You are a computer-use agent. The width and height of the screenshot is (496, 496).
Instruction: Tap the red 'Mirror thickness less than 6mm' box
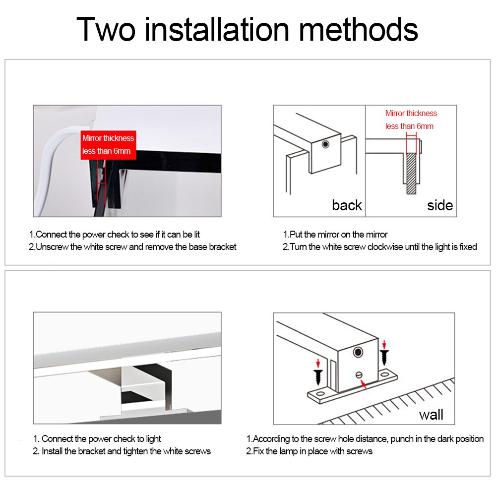pos(108,144)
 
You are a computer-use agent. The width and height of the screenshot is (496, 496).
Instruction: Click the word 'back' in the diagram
pos(347,205)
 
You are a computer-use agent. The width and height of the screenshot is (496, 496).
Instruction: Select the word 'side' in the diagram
pos(440,205)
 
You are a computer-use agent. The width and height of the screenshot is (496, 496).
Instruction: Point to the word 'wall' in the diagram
pos(431,414)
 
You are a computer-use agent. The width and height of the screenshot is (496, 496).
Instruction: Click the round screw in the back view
pos(325,144)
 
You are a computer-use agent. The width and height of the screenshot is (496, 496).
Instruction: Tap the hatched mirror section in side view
pos(412,174)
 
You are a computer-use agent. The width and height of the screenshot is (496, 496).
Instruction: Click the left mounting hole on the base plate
pos(320,395)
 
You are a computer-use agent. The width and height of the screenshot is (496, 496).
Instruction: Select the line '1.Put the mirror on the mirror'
pos(335,234)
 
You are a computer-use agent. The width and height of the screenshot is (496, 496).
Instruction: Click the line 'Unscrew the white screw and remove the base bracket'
pos(133,247)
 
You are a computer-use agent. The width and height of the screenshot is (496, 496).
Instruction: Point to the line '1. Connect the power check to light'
pos(97,438)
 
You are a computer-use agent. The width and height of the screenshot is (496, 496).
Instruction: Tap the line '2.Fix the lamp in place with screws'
pos(309,451)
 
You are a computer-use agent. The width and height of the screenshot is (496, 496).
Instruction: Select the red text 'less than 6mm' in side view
pos(409,126)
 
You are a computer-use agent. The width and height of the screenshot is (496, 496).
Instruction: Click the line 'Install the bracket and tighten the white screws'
pos(126,451)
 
